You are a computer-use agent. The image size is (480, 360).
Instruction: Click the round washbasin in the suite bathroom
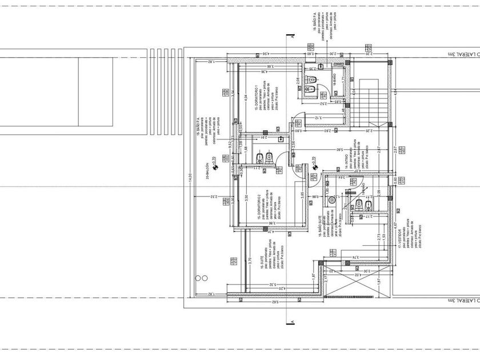[x=332, y=201]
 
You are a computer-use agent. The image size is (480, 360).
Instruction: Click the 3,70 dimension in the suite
[x=250, y=261]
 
